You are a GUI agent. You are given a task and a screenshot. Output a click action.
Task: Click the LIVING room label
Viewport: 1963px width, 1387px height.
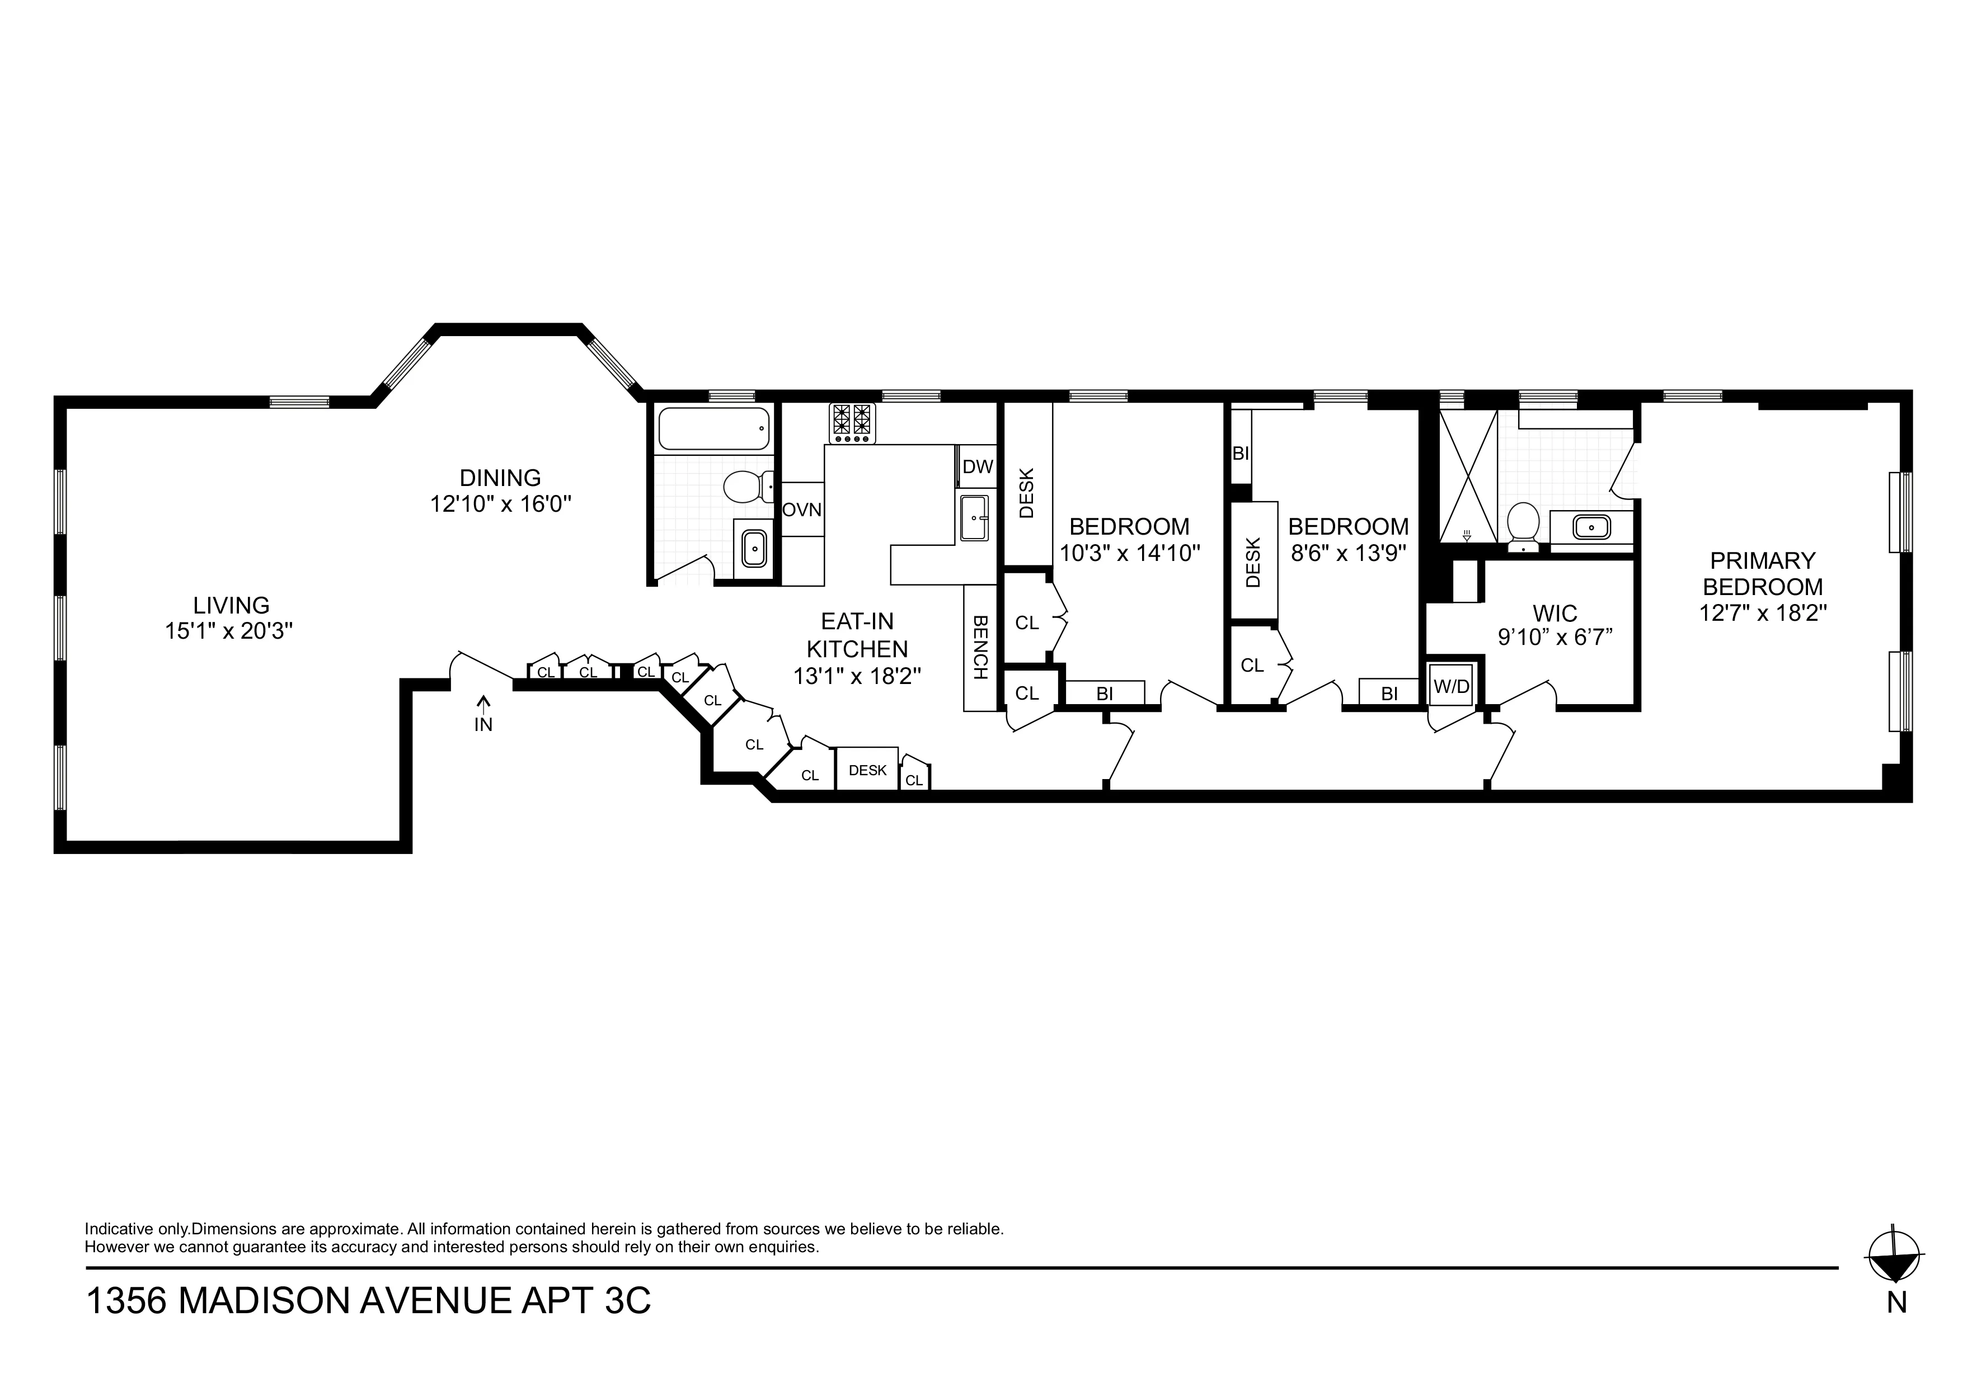(x=231, y=605)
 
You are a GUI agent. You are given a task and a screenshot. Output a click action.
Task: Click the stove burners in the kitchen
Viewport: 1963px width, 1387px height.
(x=852, y=423)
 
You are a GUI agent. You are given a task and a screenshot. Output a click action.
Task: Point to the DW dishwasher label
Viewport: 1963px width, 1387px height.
(x=977, y=466)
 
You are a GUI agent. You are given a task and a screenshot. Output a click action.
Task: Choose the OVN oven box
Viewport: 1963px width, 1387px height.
(x=802, y=510)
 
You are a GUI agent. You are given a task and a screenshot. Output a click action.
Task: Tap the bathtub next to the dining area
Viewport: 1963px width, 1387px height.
(x=712, y=429)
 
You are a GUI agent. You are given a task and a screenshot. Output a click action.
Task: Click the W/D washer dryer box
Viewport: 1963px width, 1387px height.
(x=1451, y=685)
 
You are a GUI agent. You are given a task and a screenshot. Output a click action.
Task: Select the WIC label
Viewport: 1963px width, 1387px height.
(x=1555, y=613)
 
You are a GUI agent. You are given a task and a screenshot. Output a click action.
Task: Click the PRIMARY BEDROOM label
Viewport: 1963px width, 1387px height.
(x=1762, y=573)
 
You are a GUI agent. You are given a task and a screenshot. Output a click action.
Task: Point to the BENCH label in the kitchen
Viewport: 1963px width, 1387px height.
(x=980, y=647)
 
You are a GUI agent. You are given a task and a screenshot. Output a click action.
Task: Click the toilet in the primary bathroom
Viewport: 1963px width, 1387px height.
(x=1522, y=523)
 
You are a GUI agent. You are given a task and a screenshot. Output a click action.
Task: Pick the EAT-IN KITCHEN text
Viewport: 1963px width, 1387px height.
(x=857, y=635)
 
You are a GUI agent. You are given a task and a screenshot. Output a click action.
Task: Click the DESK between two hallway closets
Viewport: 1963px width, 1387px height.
(x=867, y=770)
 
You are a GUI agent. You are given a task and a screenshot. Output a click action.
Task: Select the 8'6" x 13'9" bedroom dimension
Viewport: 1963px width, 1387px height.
(x=1348, y=553)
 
